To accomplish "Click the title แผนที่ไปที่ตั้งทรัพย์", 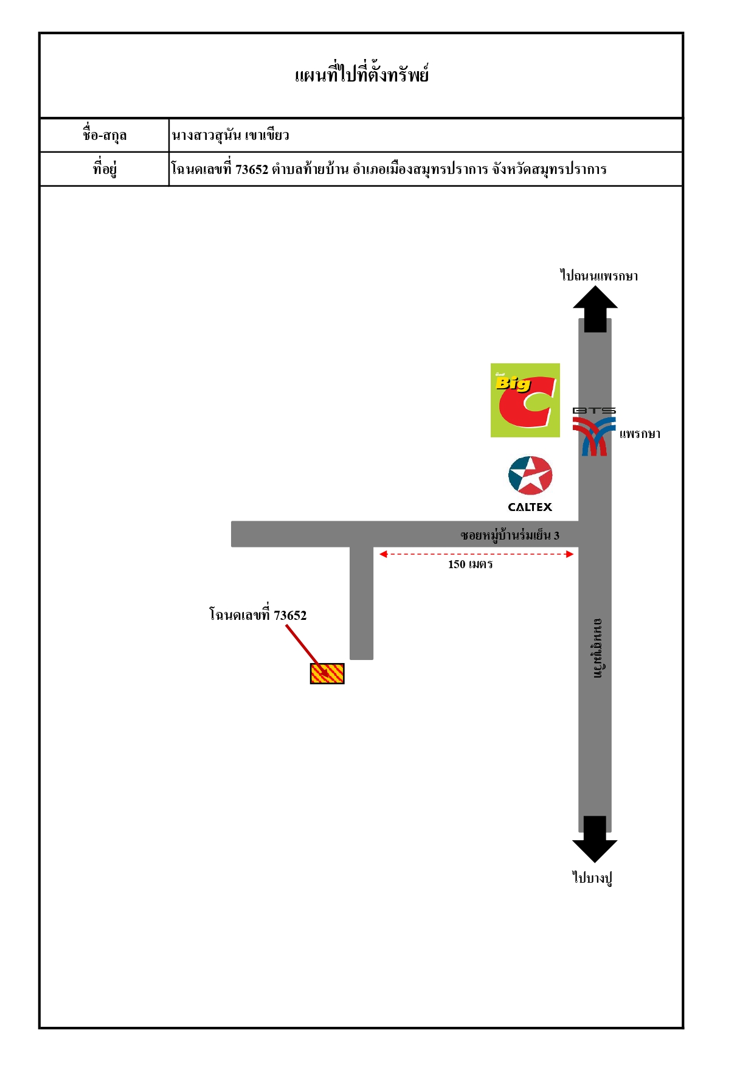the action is coord(362,74).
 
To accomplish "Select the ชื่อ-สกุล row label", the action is coord(105,134).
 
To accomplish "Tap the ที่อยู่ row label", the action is coord(105,168).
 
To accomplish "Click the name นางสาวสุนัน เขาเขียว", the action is coord(230,134).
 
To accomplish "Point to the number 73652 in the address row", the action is coord(252,169).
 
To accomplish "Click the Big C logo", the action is coord(525,400).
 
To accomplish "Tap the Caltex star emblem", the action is coord(530,476).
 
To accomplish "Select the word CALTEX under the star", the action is coord(530,507).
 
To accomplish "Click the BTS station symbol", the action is coord(594,432).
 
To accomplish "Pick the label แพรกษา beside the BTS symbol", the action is coord(640,434).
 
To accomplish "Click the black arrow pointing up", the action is coord(595,309).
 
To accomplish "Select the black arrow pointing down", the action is coord(595,839).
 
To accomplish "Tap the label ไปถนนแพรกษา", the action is coord(599,276).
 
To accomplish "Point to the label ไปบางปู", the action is coord(592,877).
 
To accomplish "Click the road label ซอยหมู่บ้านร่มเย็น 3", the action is coord(510,535).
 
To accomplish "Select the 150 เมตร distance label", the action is coord(470,565).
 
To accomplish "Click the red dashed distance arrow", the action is coord(476,554).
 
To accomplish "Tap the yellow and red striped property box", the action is coord(327,673).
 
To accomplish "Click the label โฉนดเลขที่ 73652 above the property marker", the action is coord(258,614).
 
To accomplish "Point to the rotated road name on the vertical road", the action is coord(598,648).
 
